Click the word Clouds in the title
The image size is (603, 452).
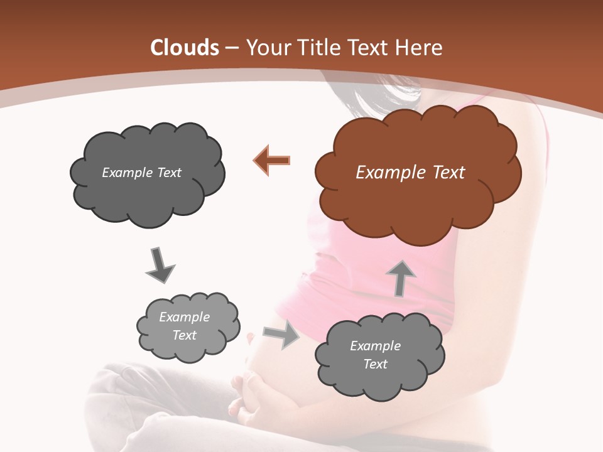click(x=185, y=48)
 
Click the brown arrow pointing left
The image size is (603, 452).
click(x=273, y=160)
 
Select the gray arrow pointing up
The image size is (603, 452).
click(x=401, y=277)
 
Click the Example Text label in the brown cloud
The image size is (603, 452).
click(x=410, y=173)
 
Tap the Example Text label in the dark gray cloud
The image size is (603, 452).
click(x=141, y=173)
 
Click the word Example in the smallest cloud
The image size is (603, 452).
click(x=184, y=317)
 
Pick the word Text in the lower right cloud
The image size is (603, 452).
click(x=375, y=364)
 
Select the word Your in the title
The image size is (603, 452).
click(x=264, y=48)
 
